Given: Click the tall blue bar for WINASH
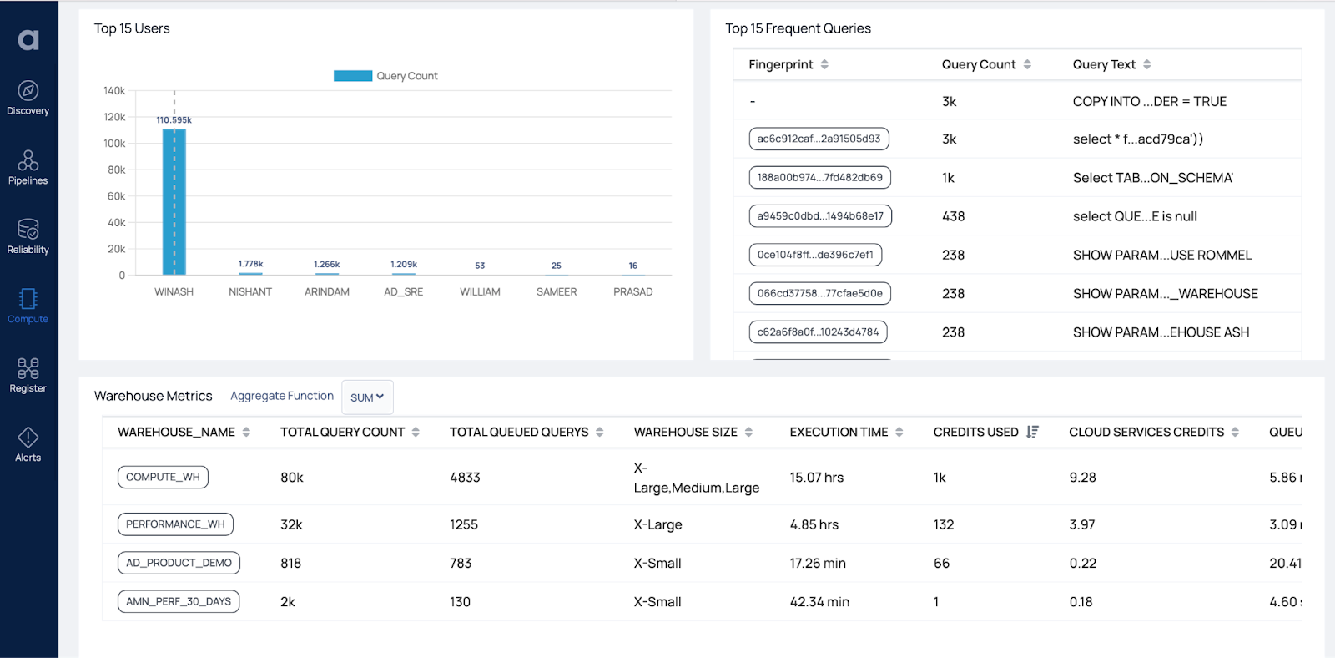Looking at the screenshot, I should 174,205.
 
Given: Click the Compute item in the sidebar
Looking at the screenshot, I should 28,306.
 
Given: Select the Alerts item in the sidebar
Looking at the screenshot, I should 28,444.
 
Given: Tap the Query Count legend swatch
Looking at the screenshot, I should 352,76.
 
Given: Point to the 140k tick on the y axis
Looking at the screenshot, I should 114,91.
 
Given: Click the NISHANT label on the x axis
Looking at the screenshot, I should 250,292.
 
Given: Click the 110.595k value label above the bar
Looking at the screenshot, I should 174,120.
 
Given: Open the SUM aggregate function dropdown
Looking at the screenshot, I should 367,397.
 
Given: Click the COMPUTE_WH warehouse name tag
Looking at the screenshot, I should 163,478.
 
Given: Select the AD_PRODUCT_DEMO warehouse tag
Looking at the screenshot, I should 179,563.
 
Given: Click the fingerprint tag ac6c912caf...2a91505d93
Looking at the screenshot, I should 819,139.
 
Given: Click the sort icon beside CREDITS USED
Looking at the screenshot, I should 1032,432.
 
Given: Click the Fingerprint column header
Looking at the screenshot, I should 781,65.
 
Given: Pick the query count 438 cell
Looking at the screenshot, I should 953,216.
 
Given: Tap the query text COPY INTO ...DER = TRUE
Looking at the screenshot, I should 1149,102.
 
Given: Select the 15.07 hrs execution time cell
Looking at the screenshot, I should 816,478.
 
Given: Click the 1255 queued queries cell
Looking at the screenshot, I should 464,524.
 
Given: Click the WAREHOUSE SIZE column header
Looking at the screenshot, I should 685,432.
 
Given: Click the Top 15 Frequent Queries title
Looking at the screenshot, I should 798,28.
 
